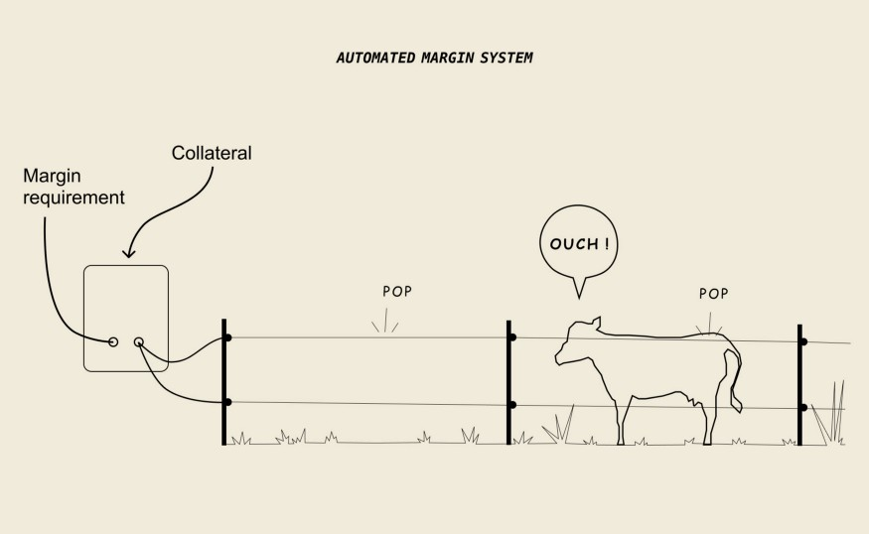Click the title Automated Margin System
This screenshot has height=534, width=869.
click(434, 58)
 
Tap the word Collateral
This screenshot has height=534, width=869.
click(212, 154)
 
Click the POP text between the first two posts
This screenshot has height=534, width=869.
click(397, 292)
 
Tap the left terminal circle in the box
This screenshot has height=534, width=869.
click(113, 341)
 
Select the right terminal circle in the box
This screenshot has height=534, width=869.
click(139, 342)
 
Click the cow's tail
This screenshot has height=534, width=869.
click(736, 382)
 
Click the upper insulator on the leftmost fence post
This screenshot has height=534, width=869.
click(228, 338)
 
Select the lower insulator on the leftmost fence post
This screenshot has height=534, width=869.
click(228, 402)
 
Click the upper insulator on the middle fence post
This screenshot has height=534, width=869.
click(512, 337)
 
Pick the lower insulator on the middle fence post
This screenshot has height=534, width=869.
click(512, 405)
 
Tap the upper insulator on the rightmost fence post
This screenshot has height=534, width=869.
click(803, 341)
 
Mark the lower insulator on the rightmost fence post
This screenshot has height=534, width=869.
click(803, 407)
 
